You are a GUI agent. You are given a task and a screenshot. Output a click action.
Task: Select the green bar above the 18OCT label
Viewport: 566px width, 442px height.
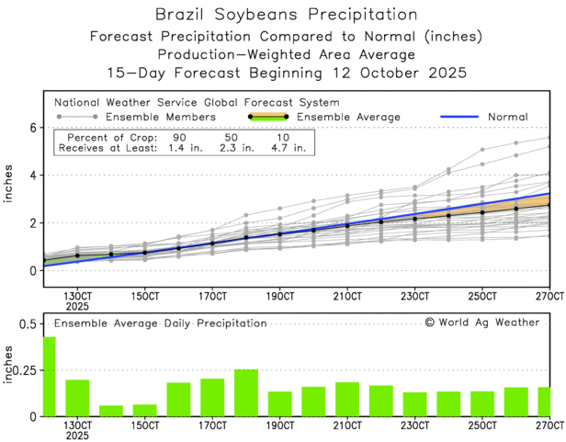(246, 392)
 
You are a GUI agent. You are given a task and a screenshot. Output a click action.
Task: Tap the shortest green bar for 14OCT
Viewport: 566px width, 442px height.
(111, 411)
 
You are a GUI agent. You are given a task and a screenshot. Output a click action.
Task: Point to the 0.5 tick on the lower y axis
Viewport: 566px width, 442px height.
(28, 324)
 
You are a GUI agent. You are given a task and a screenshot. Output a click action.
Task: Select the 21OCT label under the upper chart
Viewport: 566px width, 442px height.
(347, 297)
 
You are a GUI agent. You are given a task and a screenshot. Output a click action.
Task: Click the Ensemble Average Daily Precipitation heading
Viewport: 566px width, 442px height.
(160, 323)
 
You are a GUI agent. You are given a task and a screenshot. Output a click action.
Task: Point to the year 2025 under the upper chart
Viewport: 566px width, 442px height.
(77, 308)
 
